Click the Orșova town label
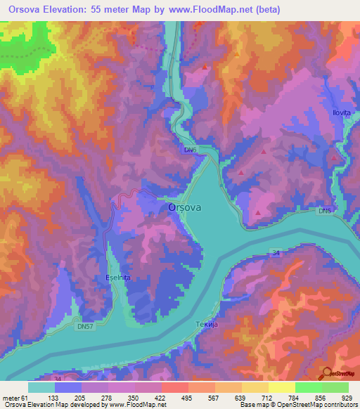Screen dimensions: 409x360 click(x=186, y=208)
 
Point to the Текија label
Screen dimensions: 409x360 click(x=205, y=324)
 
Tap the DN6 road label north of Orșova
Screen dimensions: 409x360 click(x=191, y=150)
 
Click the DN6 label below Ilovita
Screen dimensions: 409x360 click(x=323, y=211)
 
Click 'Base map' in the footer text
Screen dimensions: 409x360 click(x=253, y=405)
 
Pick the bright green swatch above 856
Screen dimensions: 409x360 click(x=309, y=387)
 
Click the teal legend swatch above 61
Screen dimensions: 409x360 click(x=41, y=387)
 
